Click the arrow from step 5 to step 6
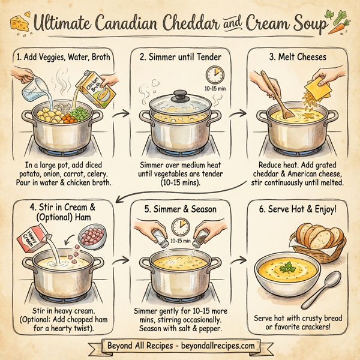(239, 260)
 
